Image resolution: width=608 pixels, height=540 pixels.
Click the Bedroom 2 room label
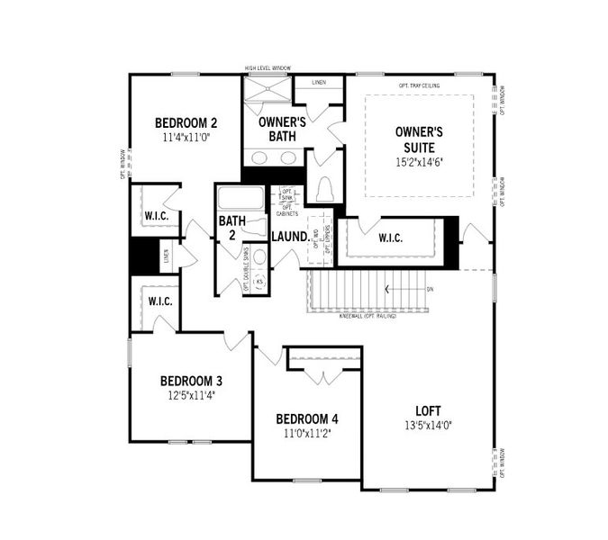click(x=186, y=123)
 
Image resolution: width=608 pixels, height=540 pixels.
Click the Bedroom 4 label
click(x=307, y=418)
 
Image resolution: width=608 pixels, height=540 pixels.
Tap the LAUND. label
click(x=289, y=237)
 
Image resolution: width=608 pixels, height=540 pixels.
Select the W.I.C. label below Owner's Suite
click(x=390, y=238)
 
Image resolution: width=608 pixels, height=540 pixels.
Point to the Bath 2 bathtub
click(x=241, y=199)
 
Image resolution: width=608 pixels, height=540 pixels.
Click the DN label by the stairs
click(x=430, y=289)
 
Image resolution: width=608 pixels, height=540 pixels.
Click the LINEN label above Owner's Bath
click(x=319, y=83)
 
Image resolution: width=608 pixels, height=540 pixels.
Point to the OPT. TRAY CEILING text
click(x=419, y=85)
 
